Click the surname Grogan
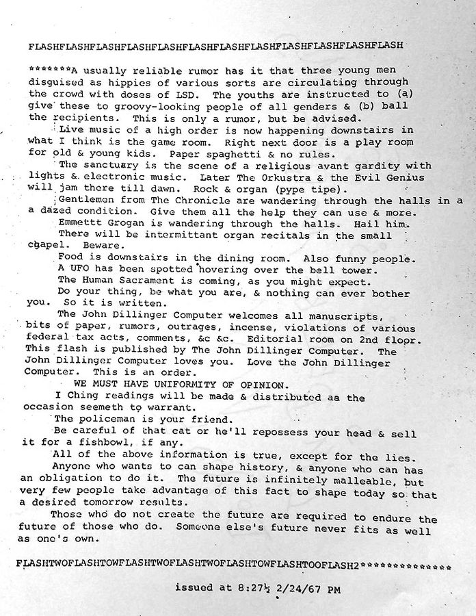click(124, 223)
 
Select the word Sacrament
click(145, 281)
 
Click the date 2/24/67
click(292, 588)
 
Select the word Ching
click(85, 396)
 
